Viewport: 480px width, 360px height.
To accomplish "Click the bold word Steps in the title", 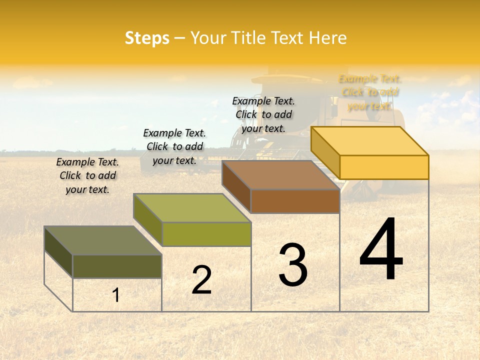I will [x=147, y=38].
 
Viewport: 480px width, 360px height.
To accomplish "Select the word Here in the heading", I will [x=327, y=38].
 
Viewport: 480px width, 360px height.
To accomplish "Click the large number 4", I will [x=381, y=250].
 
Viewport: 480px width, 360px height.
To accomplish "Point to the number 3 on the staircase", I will [x=293, y=264].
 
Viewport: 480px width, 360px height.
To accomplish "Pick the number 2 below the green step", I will [x=201, y=280].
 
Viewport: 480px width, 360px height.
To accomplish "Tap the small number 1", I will [x=116, y=295].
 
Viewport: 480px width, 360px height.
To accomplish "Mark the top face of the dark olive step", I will [x=103, y=240].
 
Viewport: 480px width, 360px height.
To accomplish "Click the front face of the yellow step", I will [x=384, y=167].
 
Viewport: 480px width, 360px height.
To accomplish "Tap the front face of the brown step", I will [x=295, y=201].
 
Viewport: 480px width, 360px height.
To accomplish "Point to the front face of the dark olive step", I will [x=117, y=266].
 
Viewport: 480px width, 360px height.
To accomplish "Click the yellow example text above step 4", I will [x=370, y=92].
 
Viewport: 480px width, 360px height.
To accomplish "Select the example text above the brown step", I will [x=263, y=114].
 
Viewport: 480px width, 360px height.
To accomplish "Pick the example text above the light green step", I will [x=174, y=146].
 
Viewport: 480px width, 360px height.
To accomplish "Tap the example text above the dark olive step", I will [x=87, y=175].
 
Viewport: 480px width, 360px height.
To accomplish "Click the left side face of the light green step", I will [x=148, y=220].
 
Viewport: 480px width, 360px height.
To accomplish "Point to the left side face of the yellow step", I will [x=325, y=153].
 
